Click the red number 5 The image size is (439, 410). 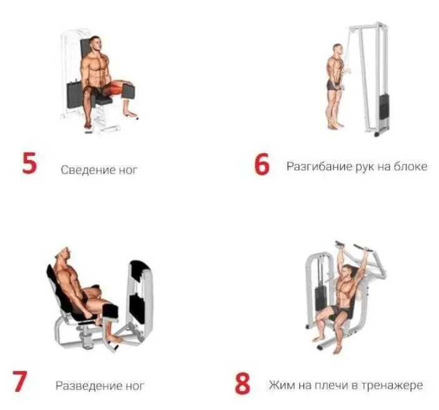click(29, 163)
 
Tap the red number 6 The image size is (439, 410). click(262, 164)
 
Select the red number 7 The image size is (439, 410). click(19, 381)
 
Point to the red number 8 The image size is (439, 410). click(242, 383)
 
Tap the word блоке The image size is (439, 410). click(410, 166)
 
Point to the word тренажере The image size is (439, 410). click(392, 386)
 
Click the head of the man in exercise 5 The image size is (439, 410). click(96, 44)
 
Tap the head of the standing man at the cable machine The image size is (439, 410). click(338, 51)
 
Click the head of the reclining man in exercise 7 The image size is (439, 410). click(63, 255)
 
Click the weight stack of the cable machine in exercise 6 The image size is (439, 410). click(384, 106)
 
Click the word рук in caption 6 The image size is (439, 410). click(365, 167)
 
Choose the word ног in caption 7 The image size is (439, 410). click(135, 386)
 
